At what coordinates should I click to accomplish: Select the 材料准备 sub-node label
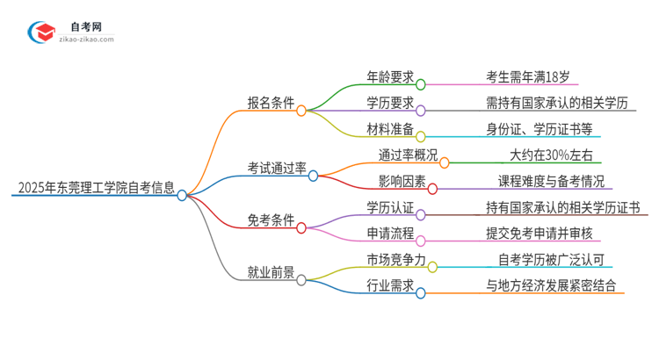pyautogui.click(x=391, y=128)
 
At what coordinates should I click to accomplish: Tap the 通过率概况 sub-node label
pyautogui.click(x=396, y=155)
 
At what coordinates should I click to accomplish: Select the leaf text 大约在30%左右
pyautogui.click(x=551, y=155)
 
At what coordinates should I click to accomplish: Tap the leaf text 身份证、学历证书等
pyautogui.click(x=540, y=128)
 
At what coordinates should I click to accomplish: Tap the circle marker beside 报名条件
pyautogui.click(x=301, y=111)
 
